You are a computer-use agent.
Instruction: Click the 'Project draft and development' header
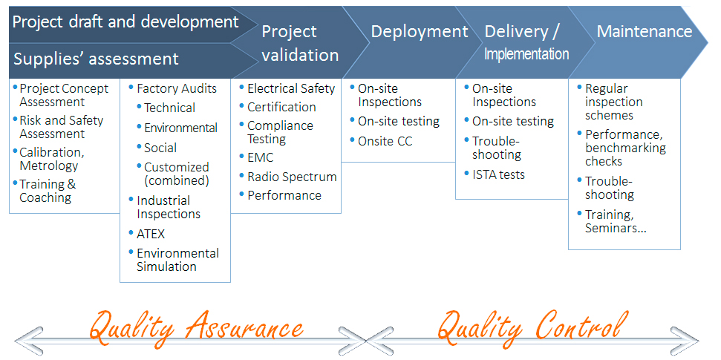pyautogui.click(x=125, y=22)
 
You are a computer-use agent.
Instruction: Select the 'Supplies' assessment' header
pyautogui.click(x=96, y=59)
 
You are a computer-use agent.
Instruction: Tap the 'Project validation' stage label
pyautogui.click(x=300, y=43)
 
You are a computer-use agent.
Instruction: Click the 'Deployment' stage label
pyautogui.click(x=420, y=31)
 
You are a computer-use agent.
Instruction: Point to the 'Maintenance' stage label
pyautogui.click(x=645, y=31)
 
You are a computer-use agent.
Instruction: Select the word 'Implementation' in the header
pyautogui.click(x=527, y=53)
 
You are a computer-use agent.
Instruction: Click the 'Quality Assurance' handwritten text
pyautogui.click(x=197, y=327)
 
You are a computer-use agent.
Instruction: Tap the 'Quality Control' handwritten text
pyautogui.click(x=532, y=327)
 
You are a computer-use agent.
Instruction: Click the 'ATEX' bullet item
pyautogui.click(x=150, y=234)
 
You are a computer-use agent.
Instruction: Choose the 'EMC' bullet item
pyautogui.click(x=261, y=157)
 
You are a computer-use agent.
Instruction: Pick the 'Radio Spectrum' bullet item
pyautogui.click(x=292, y=177)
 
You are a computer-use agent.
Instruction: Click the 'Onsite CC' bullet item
pyautogui.click(x=385, y=141)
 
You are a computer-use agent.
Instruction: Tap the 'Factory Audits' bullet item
pyautogui.click(x=177, y=88)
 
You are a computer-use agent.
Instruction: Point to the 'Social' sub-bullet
pyautogui.click(x=160, y=148)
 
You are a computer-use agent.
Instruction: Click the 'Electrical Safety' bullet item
pyautogui.click(x=291, y=88)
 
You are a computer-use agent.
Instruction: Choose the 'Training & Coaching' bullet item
pyautogui.click(x=48, y=191)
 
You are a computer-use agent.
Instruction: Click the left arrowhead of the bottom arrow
pyautogui.click(x=28, y=341)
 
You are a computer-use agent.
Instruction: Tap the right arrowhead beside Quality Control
pyautogui.click(x=684, y=341)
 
